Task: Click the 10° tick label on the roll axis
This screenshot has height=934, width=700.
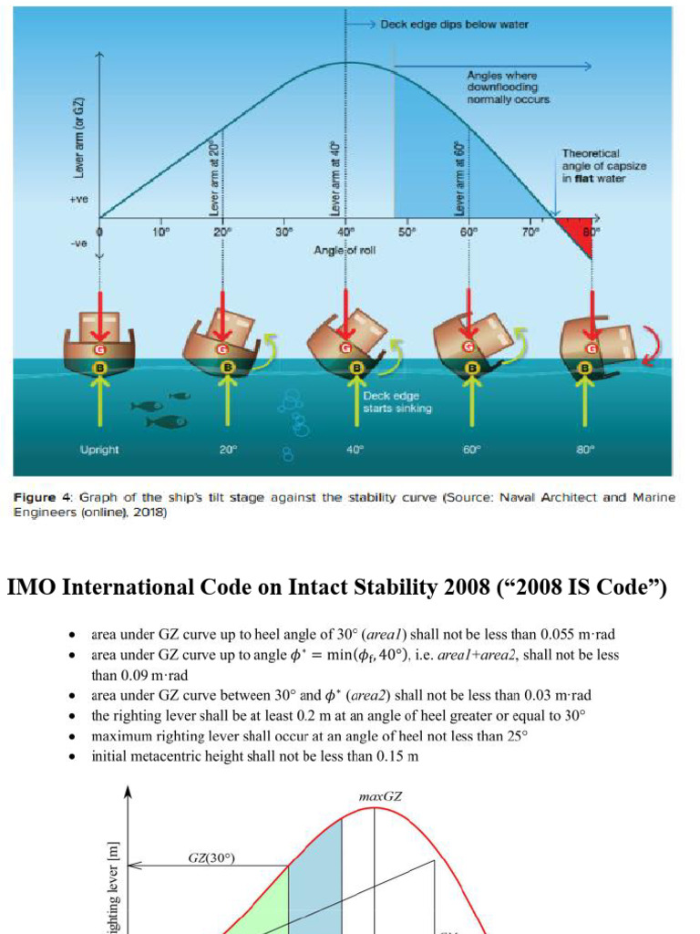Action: click(x=160, y=232)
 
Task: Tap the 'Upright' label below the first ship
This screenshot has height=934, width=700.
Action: click(x=99, y=450)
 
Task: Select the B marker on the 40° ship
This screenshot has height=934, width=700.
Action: click(x=356, y=368)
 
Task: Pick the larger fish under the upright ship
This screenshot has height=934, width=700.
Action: click(x=167, y=422)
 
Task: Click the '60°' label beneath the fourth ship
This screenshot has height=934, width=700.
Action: click(x=471, y=450)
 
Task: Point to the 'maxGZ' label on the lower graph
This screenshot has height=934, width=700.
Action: click(x=374, y=796)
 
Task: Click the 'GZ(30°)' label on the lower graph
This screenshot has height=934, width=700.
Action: click(x=211, y=858)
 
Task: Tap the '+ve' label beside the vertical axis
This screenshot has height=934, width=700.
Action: click(x=78, y=198)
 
